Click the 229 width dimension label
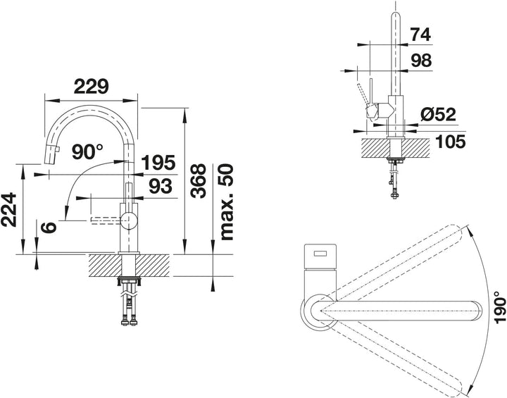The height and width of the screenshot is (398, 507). pyautogui.click(x=91, y=87)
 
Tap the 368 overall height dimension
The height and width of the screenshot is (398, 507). pyautogui.click(x=198, y=180)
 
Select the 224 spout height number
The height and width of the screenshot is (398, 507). pyautogui.click(x=8, y=209)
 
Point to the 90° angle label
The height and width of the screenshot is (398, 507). pyautogui.click(x=87, y=151)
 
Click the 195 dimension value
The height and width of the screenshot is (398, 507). pyautogui.click(x=158, y=163)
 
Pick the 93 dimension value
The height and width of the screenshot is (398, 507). pyautogui.click(x=161, y=186)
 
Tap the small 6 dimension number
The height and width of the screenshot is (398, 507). pyautogui.click(x=49, y=227)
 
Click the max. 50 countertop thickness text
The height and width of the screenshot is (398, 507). pyautogui.click(x=226, y=202)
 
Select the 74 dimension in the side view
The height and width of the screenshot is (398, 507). pyautogui.click(x=420, y=35)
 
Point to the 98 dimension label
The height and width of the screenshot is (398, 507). pyautogui.click(x=421, y=60)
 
